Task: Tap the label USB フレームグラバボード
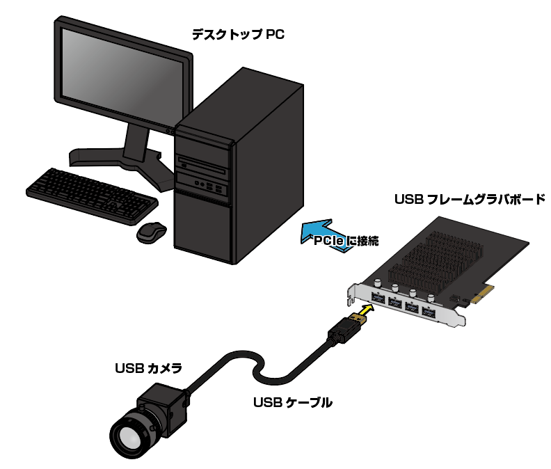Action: tap(470, 200)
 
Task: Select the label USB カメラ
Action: tap(148, 367)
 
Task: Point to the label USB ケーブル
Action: tap(292, 402)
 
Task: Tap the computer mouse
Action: tap(151, 232)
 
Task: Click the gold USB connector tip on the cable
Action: tap(356, 319)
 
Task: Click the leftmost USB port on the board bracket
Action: tap(376, 299)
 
